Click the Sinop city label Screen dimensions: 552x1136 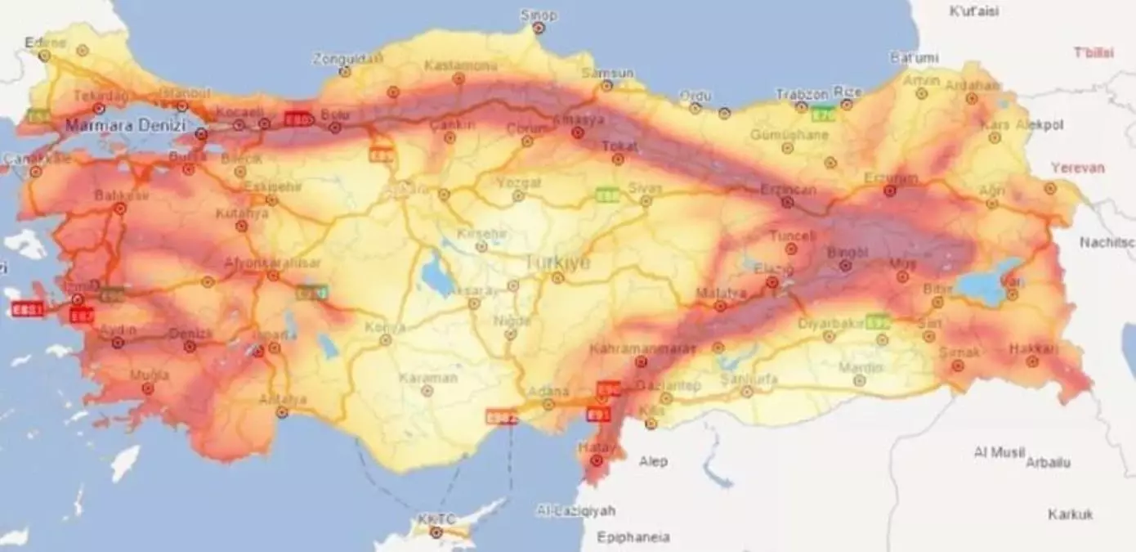pyautogui.click(x=539, y=15)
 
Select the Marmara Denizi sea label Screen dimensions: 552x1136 pyautogui.click(x=125, y=126)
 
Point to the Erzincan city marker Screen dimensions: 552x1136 pyautogui.click(x=788, y=202)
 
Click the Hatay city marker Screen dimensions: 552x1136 pyautogui.click(x=597, y=461)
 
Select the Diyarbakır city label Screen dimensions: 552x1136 pyautogui.click(x=830, y=323)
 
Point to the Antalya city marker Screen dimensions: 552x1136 pyautogui.click(x=282, y=412)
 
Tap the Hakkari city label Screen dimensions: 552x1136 pyautogui.click(x=1032, y=348)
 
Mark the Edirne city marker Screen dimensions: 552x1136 pyautogui.click(x=44, y=56)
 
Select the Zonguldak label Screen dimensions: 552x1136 pyautogui.click(x=347, y=59)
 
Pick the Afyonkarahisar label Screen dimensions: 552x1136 pyautogui.click(x=273, y=263)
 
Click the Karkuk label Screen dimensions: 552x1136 pyautogui.click(x=1071, y=514)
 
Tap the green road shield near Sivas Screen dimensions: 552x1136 pyautogui.click(x=607, y=195)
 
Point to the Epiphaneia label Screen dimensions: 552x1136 pyautogui.click(x=633, y=537)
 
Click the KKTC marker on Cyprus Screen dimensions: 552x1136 pyautogui.click(x=436, y=532)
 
